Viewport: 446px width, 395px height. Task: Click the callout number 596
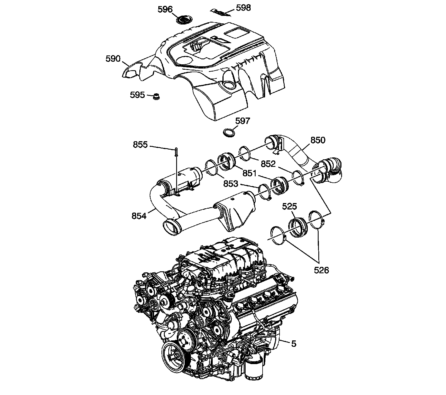[x=165, y=9]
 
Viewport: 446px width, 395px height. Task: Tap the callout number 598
[x=243, y=8]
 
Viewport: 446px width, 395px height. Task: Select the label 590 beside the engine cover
[x=113, y=59]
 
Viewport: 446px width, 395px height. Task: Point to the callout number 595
[x=137, y=95]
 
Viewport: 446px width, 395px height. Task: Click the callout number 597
[x=243, y=121]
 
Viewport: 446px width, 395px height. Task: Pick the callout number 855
[x=140, y=145]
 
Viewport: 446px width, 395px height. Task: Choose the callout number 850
[x=318, y=140]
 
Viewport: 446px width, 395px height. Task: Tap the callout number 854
[x=139, y=216]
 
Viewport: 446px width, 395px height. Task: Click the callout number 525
[x=290, y=206]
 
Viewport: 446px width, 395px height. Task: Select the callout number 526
[x=322, y=270]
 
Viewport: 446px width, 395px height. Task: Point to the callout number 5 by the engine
[x=294, y=344]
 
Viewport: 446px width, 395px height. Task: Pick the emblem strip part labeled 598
[x=220, y=12]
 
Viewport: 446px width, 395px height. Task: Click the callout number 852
[x=268, y=164]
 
